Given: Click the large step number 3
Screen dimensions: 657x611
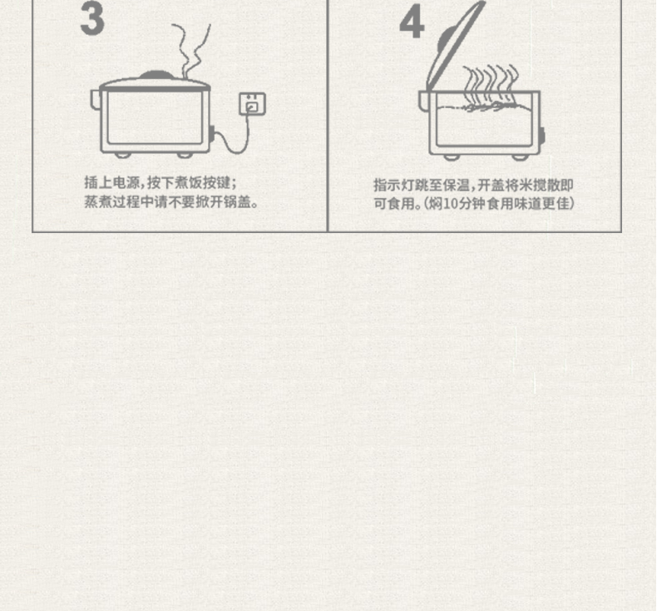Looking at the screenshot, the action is point(92,18).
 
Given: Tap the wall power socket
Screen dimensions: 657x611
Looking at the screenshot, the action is point(252,103).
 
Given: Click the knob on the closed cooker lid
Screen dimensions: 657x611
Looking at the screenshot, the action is point(156,75).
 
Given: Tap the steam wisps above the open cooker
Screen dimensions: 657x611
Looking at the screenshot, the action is point(490,84).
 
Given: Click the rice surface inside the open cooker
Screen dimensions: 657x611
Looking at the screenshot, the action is point(485,108).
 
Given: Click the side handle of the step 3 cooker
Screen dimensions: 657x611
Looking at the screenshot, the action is point(96,100).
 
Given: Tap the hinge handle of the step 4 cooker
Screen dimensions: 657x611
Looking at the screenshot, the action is point(423,101).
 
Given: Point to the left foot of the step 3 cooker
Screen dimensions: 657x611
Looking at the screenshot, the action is point(123,155).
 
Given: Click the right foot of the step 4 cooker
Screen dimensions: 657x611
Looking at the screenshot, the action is point(521,157).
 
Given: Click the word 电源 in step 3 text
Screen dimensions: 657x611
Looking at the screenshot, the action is point(126,183).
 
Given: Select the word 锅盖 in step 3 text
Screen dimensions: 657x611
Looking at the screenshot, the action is point(237,201).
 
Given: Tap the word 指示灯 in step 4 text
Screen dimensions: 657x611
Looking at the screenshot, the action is point(394,185).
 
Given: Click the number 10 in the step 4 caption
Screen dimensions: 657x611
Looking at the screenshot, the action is point(451,203).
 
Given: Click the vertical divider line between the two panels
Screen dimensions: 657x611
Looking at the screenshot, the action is point(328,116).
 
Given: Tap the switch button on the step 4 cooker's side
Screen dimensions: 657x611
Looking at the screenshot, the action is point(542,136).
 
